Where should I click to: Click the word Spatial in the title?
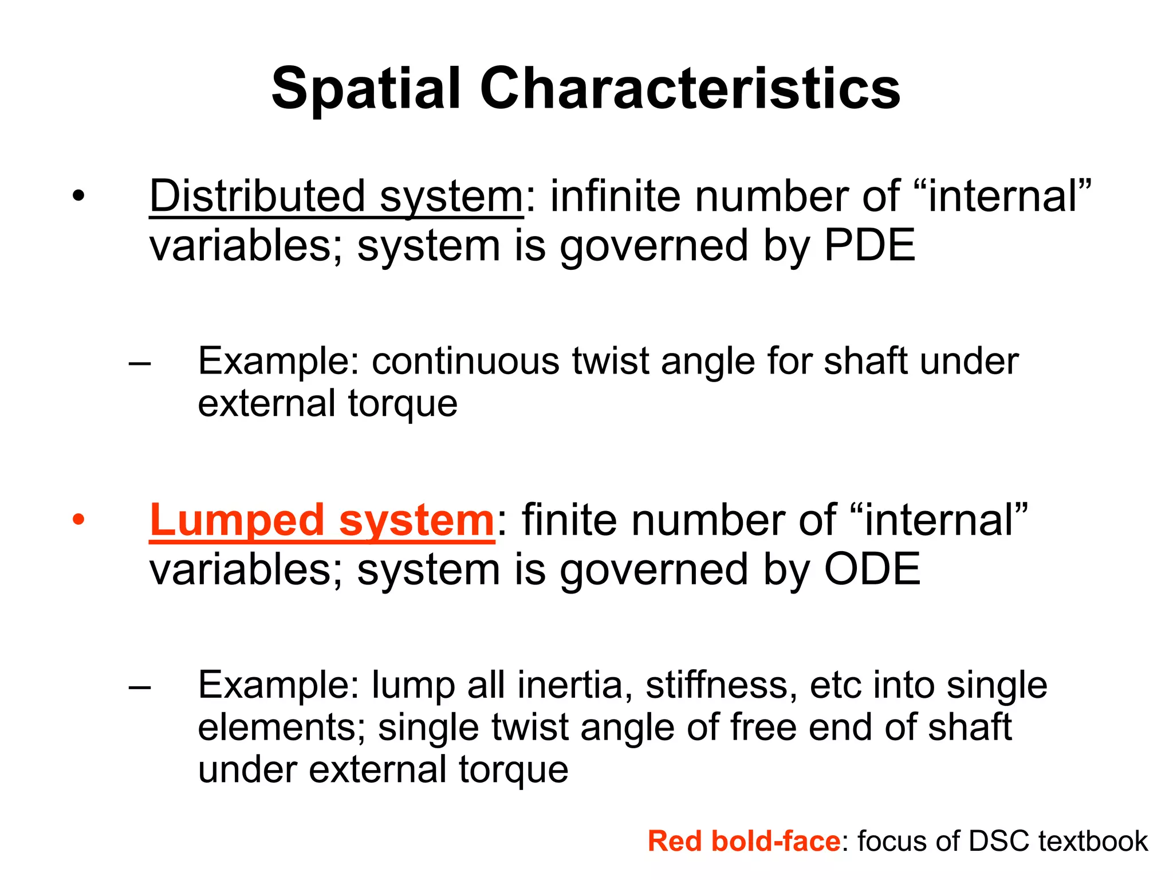coord(366,89)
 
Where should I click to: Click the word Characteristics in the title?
coord(690,89)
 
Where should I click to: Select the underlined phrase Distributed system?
coord(336,197)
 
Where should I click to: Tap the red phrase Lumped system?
coord(321,520)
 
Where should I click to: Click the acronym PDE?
coord(869,245)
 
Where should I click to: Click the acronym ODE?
coord(872,569)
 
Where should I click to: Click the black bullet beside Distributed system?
coord(78,197)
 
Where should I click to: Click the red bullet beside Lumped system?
coord(78,520)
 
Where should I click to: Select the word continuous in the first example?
coord(465,362)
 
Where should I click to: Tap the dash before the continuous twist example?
coord(140,363)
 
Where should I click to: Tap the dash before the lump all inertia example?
coord(140,686)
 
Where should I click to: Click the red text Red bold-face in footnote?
coord(743,841)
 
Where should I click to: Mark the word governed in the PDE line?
coord(654,245)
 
